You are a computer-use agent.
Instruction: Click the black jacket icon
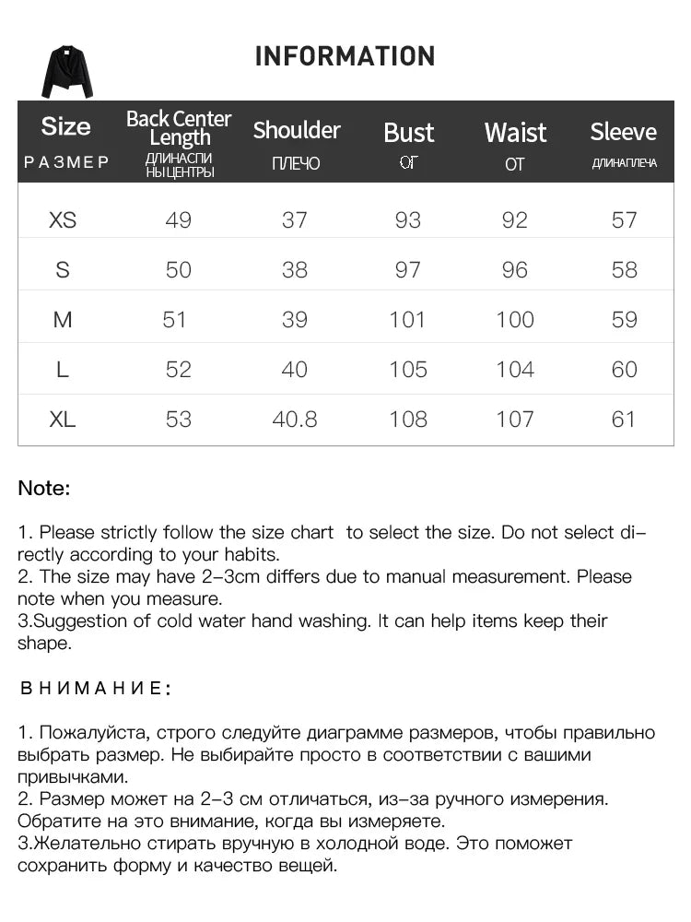click(x=66, y=72)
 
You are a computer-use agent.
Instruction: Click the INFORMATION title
click(x=345, y=56)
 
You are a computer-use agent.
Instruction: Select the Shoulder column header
click(x=297, y=130)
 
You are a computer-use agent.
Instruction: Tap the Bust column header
click(x=408, y=133)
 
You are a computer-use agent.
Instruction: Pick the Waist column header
click(x=515, y=133)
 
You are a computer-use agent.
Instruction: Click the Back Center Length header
click(x=179, y=128)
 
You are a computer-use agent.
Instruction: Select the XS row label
click(x=63, y=219)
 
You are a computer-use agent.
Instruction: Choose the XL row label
click(x=63, y=419)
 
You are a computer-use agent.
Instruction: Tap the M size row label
click(x=63, y=319)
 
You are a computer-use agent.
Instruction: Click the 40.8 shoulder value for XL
click(x=295, y=419)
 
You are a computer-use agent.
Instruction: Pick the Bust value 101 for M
click(x=407, y=319)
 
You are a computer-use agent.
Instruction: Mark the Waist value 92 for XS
click(x=515, y=219)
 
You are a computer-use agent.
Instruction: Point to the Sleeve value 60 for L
click(x=624, y=369)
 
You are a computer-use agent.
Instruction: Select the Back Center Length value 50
click(x=178, y=269)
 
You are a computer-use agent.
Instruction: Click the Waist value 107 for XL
click(x=515, y=419)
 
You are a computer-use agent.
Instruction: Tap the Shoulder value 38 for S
click(x=295, y=269)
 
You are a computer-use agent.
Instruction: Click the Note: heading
click(x=44, y=489)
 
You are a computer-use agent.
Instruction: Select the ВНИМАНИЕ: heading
click(x=95, y=688)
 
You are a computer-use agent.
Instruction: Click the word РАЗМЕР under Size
click(x=66, y=162)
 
